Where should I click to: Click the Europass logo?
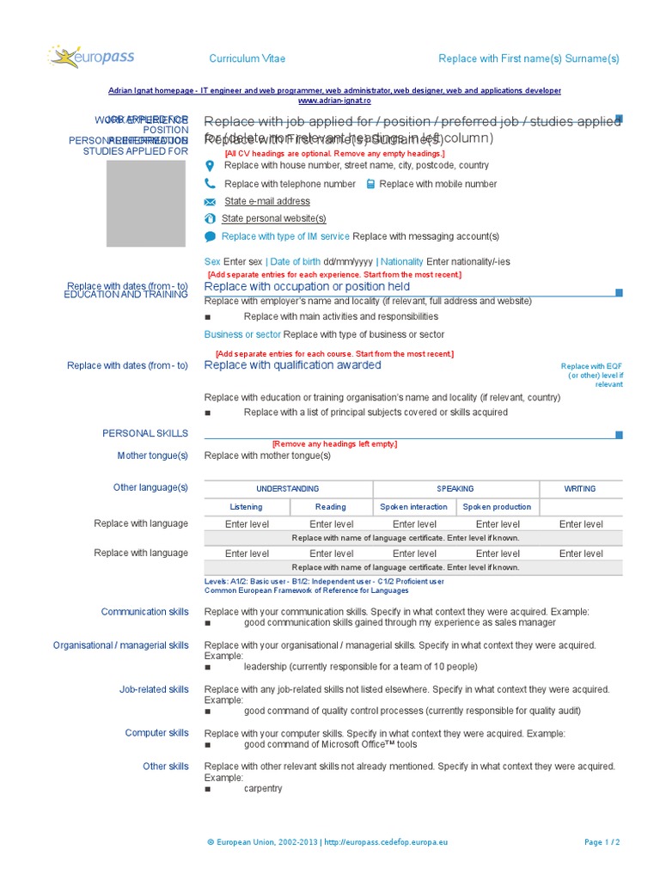[92, 58]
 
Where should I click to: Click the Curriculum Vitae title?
[247, 58]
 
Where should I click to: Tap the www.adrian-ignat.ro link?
[334, 100]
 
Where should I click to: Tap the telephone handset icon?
[210, 184]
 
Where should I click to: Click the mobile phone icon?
[370, 184]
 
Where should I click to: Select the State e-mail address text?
[266, 201]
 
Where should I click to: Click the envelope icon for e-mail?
[210, 202]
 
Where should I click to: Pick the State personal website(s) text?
[273, 218]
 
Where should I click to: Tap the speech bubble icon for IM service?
[210, 236]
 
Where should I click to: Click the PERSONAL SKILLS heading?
[145, 433]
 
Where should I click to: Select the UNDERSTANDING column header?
[288, 488]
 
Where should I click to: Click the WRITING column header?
[579, 488]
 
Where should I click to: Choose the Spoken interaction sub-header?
[413, 507]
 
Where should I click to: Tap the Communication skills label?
[144, 612]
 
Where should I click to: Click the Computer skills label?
[156, 733]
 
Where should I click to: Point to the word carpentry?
[262, 788]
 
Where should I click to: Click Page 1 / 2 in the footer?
[602, 843]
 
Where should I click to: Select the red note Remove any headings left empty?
[334, 444]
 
